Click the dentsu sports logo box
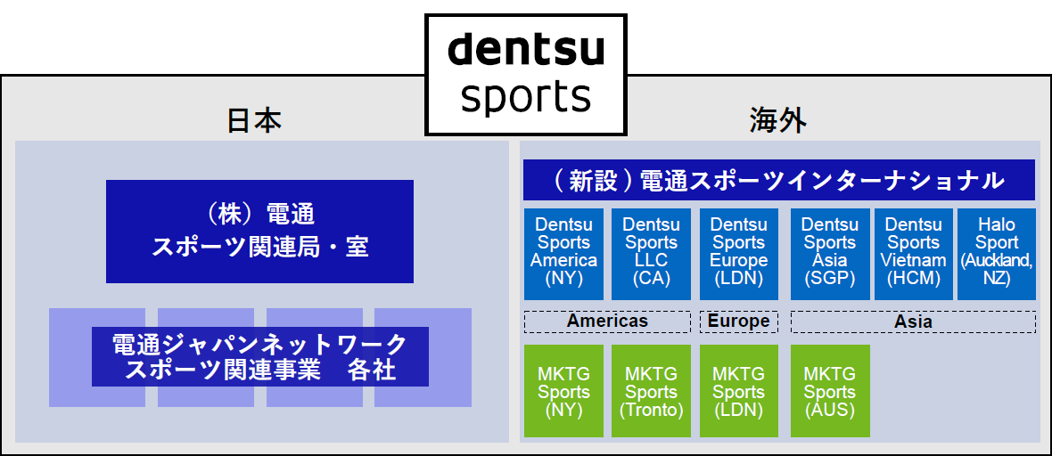click(x=525, y=74)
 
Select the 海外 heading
click(x=778, y=120)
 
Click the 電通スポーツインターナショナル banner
click(x=778, y=180)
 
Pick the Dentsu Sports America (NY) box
click(x=563, y=253)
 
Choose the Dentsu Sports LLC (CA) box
click(x=651, y=253)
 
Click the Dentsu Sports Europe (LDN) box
click(x=738, y=253)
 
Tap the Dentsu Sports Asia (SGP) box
click(x=829, y=253)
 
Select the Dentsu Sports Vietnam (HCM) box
click(x=913, y=253)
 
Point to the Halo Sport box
click(x=996, y=253)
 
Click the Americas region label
click(x=607, y=321)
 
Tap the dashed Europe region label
click(x=738, y=321)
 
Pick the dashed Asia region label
click(x=913, y=321)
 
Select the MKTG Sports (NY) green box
click(x=563, y=391)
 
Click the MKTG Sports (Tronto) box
click(x=651, y=391)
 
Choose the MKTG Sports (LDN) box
click(x=738, y=391)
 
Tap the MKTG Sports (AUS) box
click(x=829, y=391)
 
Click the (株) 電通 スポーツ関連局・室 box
click(x=259, y=231)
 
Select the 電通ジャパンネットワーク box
click(x=259, y=356)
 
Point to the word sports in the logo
click(x=525, y=97)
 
